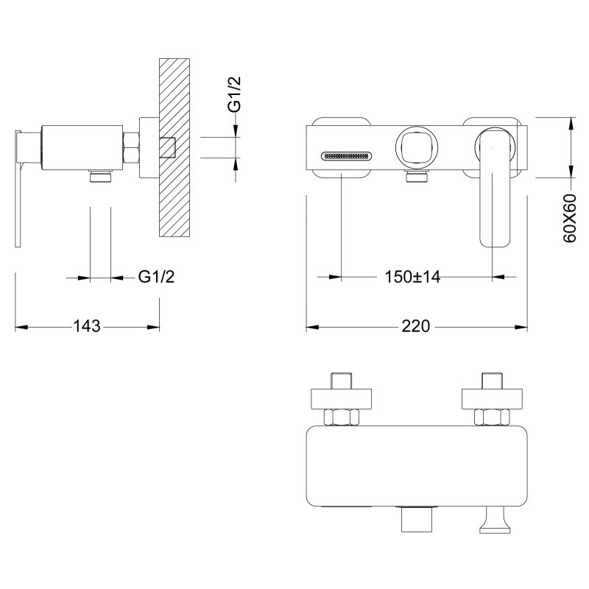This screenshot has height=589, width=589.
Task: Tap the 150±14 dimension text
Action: (412, 277)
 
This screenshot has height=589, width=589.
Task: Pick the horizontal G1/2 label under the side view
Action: (157, 277)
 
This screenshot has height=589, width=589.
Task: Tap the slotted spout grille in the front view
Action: (348, 156)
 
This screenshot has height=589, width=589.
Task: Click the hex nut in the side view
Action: (133, 146)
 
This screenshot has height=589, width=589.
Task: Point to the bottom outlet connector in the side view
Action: (100, 176)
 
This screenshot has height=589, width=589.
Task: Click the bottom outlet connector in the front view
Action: (416, 176)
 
